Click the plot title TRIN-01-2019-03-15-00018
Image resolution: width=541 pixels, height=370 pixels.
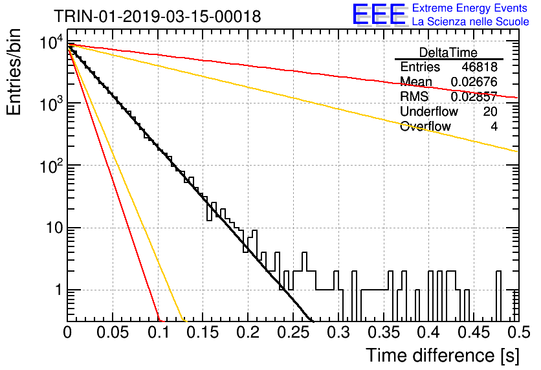157,16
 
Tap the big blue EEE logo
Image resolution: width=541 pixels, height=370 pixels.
379,14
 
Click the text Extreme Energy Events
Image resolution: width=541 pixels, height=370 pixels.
470,8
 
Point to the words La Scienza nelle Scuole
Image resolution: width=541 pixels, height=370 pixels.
470,22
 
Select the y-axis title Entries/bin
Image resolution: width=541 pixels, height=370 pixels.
14,72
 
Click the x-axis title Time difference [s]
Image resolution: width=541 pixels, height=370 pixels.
443,355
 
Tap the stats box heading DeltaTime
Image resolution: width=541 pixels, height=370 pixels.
448,52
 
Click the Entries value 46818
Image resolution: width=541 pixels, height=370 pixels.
480,67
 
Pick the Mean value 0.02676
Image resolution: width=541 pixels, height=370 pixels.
474,82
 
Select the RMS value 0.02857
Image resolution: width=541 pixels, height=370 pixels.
474,96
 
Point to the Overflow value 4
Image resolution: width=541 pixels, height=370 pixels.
494,126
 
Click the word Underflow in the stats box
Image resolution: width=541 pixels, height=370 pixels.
429,111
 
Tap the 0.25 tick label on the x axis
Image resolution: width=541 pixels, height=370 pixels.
294,332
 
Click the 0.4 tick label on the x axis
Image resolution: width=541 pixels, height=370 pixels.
429,332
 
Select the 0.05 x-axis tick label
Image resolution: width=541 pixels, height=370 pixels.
113,332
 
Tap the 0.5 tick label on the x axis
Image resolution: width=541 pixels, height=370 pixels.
519,332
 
